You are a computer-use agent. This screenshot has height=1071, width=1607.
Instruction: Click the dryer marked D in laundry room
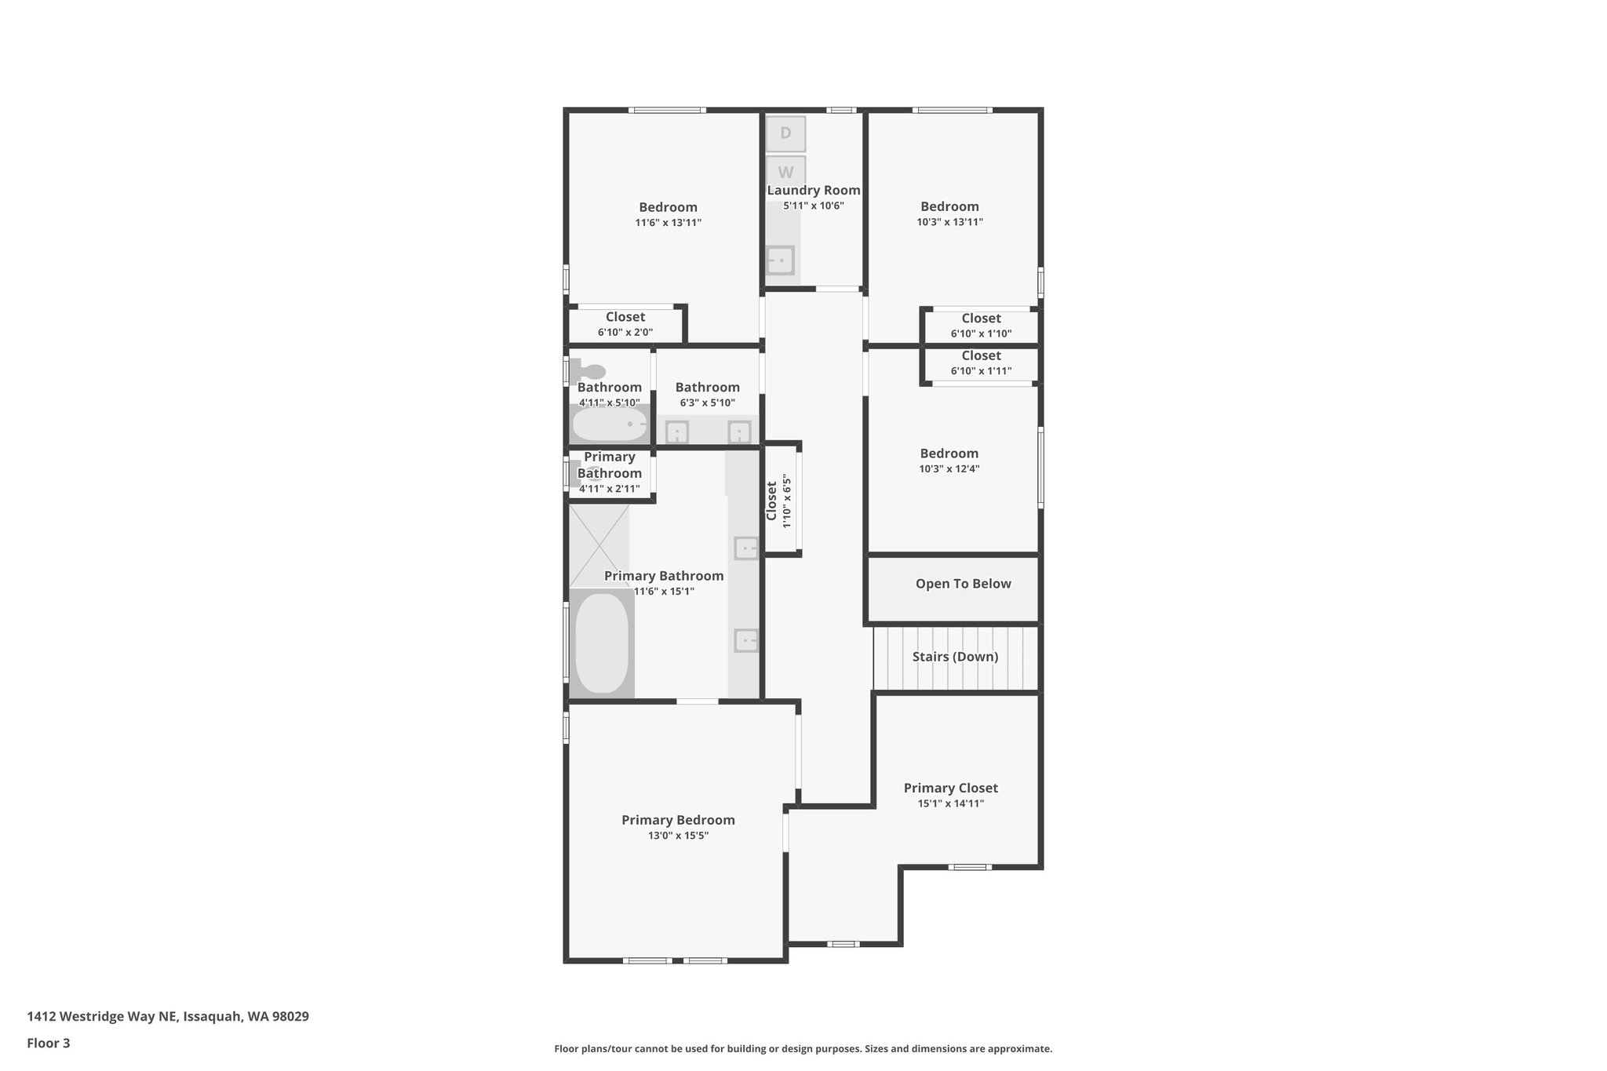(x=785, y=133)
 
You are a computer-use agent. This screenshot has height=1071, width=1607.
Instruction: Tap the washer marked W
(x=785, y=172)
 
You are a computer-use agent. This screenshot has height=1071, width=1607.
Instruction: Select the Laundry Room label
(x=814, y=190)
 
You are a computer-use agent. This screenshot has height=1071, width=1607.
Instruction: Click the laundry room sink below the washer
(x=780, y=260)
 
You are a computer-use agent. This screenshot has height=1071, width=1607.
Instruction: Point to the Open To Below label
(x=963, y=584)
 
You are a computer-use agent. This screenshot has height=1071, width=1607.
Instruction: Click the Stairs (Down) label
(x=955, y=657)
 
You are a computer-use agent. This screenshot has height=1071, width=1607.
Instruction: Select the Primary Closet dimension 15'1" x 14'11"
(x=950, y=803)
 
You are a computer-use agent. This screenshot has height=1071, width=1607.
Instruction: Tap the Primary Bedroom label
(x=678, y=820)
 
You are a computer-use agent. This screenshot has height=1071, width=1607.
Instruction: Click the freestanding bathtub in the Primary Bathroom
(x=602, y=643)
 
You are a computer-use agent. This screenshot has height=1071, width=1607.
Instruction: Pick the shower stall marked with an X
(x=599, y=546)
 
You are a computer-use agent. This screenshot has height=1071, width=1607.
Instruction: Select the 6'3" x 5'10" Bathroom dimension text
(x=707, y=403)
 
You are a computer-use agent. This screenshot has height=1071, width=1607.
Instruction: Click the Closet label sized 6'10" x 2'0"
(x=625, y=317)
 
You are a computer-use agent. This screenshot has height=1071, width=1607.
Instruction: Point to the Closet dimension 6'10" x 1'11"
(x=981, y=371)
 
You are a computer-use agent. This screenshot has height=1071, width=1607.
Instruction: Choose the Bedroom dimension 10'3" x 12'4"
(x=949, y=469)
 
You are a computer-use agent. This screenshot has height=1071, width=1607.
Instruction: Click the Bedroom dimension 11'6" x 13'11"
(x=668, y=223)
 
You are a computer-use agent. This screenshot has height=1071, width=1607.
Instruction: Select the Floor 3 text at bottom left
(x=49, y=1044)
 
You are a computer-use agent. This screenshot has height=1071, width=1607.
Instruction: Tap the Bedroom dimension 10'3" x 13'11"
(x=949, y=222)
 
